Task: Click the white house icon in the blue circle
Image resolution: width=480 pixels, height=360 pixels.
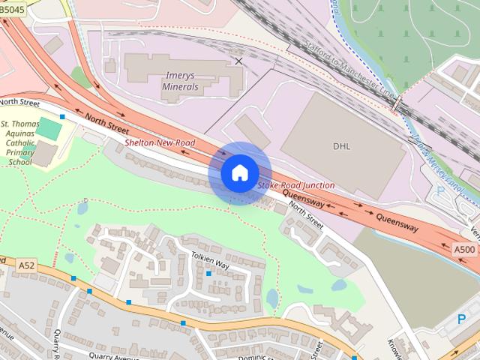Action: click(x=239, y=172)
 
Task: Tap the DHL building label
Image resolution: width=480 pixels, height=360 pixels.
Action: click(x=341, y=146)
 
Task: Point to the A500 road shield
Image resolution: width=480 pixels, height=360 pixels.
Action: click(x=463, y=249)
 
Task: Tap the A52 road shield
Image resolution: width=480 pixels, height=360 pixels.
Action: click(x=27, y=265)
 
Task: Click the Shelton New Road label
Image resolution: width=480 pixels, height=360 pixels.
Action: click(x=160, y=142)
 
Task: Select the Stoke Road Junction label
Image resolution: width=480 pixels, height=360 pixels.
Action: click(x=295, y=185)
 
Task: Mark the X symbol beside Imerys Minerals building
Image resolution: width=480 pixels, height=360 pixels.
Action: click(x=238, y=61)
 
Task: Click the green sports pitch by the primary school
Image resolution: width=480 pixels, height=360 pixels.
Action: click(x=49, y=128)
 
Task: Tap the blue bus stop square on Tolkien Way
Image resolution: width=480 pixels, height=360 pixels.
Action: click(x=208, y=273)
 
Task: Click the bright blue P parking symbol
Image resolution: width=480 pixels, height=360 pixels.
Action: click(x=461, y=319)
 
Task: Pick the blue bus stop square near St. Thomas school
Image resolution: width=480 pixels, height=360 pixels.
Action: click(x=62, y=116)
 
